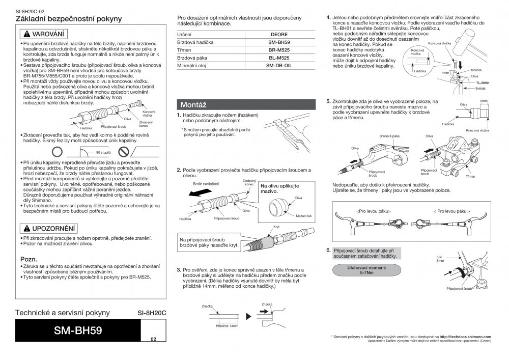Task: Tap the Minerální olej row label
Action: (x=191, y=66)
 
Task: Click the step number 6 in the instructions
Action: (x=329, y=251)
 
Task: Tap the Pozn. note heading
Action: (x=27, y=259)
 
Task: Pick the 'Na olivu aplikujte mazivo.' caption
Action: (x=280, y=188)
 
